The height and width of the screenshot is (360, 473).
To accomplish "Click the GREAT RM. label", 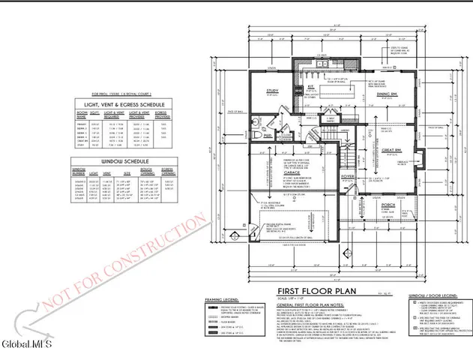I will [394, 150].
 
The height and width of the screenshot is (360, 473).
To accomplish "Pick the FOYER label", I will [347, 177].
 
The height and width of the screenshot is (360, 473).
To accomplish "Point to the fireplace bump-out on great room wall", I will [424, 161].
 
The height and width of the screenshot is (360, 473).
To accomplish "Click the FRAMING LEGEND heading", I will [223, 298].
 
